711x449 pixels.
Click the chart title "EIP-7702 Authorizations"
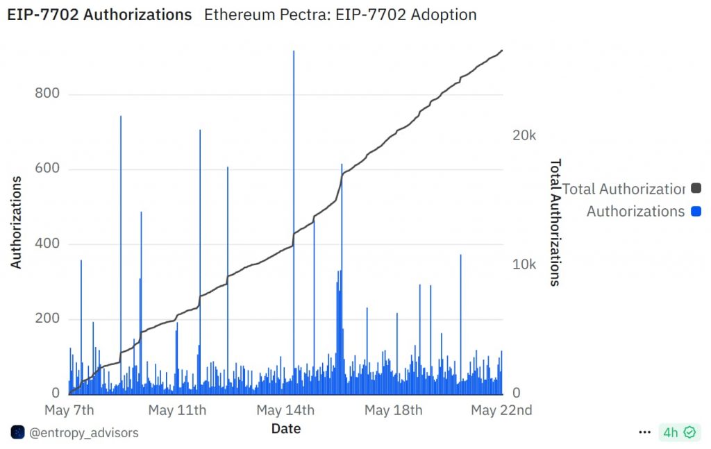click(x=99, y=15)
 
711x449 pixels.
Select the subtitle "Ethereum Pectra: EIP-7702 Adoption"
click(x=340, y=15)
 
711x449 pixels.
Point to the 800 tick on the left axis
click(x=47, y=94)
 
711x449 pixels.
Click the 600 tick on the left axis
click(x=47, y=169)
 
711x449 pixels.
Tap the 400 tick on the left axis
click(x=47, y=244)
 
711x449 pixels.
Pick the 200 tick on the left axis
click(x=47, y=319)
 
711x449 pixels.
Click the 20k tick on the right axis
click(x=524, y=135)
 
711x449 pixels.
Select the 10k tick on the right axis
click(x=524, y=265)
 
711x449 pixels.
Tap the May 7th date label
click(x=69, y=410)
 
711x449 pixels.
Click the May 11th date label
click(x=177, y=410)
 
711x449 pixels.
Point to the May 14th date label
click(x=285, y=410)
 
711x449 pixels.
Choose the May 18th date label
click(x=393, y=410)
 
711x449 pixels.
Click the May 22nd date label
click(x=501, y=410)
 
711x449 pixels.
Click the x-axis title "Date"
click(x=285, y=428)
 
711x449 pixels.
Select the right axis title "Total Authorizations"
click(x=555, y=222)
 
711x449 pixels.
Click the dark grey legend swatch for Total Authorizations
click(x=696, y=188)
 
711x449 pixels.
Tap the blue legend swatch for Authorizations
click(x=696, y=211)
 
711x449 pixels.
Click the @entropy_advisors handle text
click(x=83, y=432)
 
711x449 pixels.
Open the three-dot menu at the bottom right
click(x=644, y=432)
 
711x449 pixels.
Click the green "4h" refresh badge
click(x=678, y=432)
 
